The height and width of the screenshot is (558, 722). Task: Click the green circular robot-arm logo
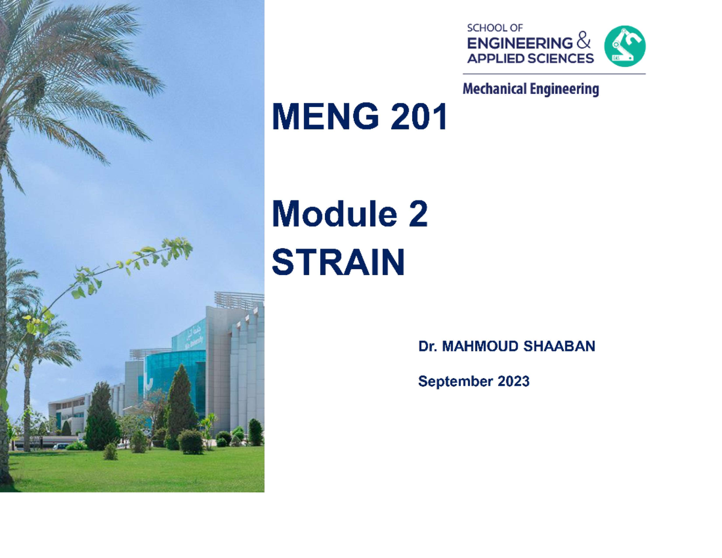625,46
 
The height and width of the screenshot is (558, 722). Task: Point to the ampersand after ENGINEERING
584,43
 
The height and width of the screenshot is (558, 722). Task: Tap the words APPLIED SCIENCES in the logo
530,58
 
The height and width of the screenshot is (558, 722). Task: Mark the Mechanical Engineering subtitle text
531,90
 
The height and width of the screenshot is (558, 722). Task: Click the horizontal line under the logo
554,74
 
